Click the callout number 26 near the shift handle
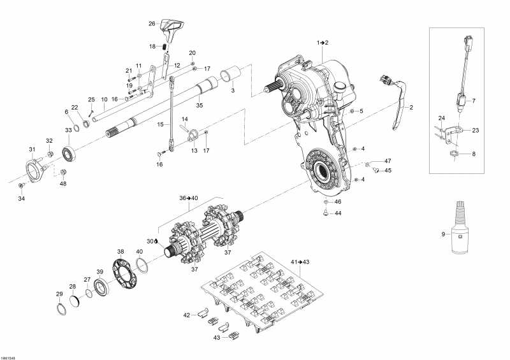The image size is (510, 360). pyautogui.click(x=152, y=24)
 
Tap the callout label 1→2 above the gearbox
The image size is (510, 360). pyautogui.click(x=323, y=42)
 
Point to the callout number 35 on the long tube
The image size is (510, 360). pyautogui.click(x=199, y=105)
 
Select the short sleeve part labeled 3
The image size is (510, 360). pyautogui.click(x=229, y=76)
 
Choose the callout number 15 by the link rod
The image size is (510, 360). pyautogui.click(x=160, y=125)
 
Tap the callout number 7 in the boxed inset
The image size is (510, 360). pyautogui.click(x=473, y=101)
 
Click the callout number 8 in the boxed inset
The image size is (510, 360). pyautogui.click(x=473, y=154)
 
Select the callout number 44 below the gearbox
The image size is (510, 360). pyautogui.click(x=339, y=213)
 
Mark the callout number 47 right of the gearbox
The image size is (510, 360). pyautogui.click(x=388, y=161)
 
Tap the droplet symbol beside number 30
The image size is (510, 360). pyautogui.click(x=157, y=241)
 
